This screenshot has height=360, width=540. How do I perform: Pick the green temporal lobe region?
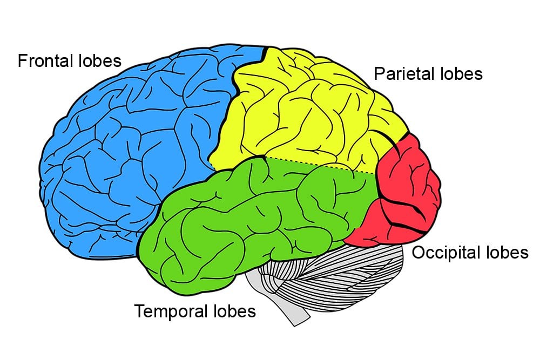point(243,216)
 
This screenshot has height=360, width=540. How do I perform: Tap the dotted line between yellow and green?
point(319,165)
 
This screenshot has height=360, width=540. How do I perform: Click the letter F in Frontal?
point(22,60)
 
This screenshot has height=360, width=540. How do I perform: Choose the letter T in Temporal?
point(139,311)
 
